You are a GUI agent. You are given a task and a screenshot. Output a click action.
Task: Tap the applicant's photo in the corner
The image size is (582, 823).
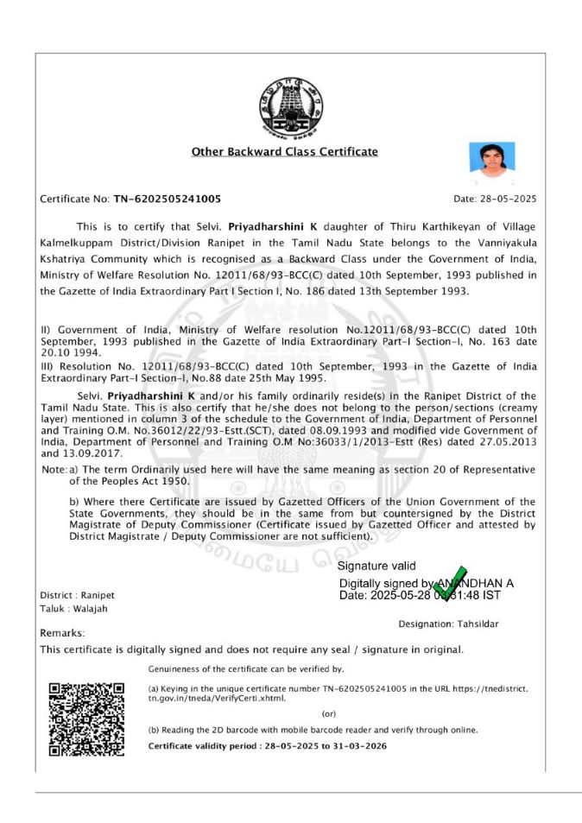coord(491,161)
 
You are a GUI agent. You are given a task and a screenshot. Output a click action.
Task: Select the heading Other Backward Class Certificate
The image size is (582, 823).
coord(285,152)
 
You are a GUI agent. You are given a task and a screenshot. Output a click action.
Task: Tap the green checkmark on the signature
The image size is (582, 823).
coord(450,584)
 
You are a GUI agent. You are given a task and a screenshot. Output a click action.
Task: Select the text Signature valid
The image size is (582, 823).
coord(376,567)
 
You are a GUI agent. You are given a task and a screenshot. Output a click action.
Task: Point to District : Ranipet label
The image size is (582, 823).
coord(77,596)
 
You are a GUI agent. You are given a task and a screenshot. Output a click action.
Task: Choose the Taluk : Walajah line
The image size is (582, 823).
coord(73,609)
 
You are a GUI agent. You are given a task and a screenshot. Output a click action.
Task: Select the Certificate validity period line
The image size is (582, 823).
coord(267,745)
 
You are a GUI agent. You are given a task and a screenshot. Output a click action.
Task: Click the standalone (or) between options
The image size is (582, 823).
coord(328,714)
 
